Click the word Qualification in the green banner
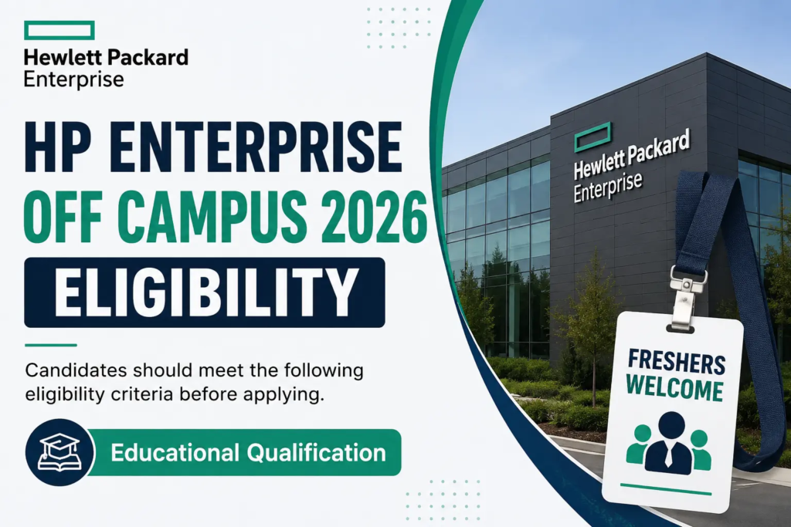pyautogui.click(x=317, y=452)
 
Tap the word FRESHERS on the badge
pyautogui.click(x=677, y=363)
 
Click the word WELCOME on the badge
pyautogui.click(x=675, y=390)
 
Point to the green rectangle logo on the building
pyautogui.click(x=593, y=137)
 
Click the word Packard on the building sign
pyautogui.click(x=660, y=149)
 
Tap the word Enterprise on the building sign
pyautogui.click(x=608, y=187)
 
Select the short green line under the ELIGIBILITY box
pyautogui.click(x=50, y=345)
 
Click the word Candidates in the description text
pyautogui.click(x=76, y=370)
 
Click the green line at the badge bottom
pyautogui.click(x=666, y=489)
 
